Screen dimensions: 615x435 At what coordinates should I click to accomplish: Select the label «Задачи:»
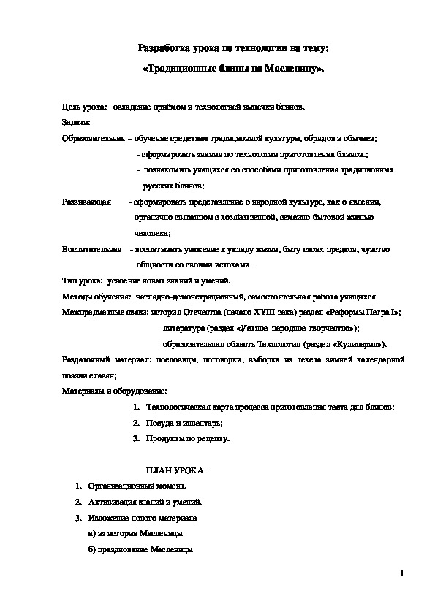pyautogui.click(x=76, y=121)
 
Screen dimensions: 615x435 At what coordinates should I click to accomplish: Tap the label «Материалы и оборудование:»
pyautogui.click(x=115, y=391)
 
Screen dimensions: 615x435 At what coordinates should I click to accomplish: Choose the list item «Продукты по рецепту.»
pyautogui.click(x=188, y=439)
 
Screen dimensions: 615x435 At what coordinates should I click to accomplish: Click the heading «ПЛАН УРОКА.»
pyautogui.click(x=176, y=470)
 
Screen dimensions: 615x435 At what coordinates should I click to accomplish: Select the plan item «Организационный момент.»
pyautogui.click(x=137, y=486)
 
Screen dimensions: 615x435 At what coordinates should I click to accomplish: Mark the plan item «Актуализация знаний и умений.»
pyautogui.click(x=145, y=502)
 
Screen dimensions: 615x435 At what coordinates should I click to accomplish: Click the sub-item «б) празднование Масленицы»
pyautogui.click(x=140, y=549)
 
